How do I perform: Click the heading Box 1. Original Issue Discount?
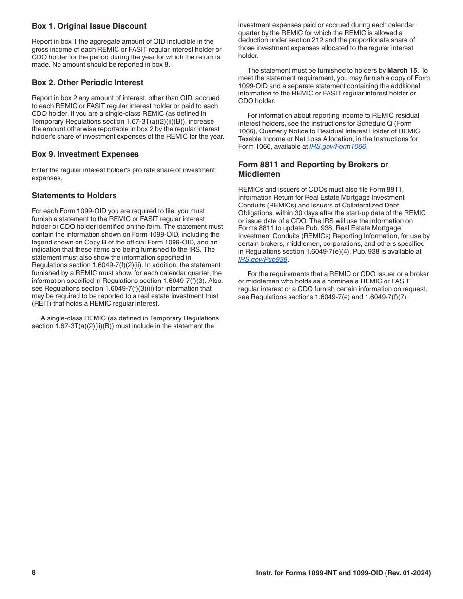89,26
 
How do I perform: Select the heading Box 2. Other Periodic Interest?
87,83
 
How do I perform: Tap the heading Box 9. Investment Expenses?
85,154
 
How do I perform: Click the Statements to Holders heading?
74,196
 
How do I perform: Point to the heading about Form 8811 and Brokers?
313,169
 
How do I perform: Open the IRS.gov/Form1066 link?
337,147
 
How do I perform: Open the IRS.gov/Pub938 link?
262,260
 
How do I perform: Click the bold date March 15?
402,71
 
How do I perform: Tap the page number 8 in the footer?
34,573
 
